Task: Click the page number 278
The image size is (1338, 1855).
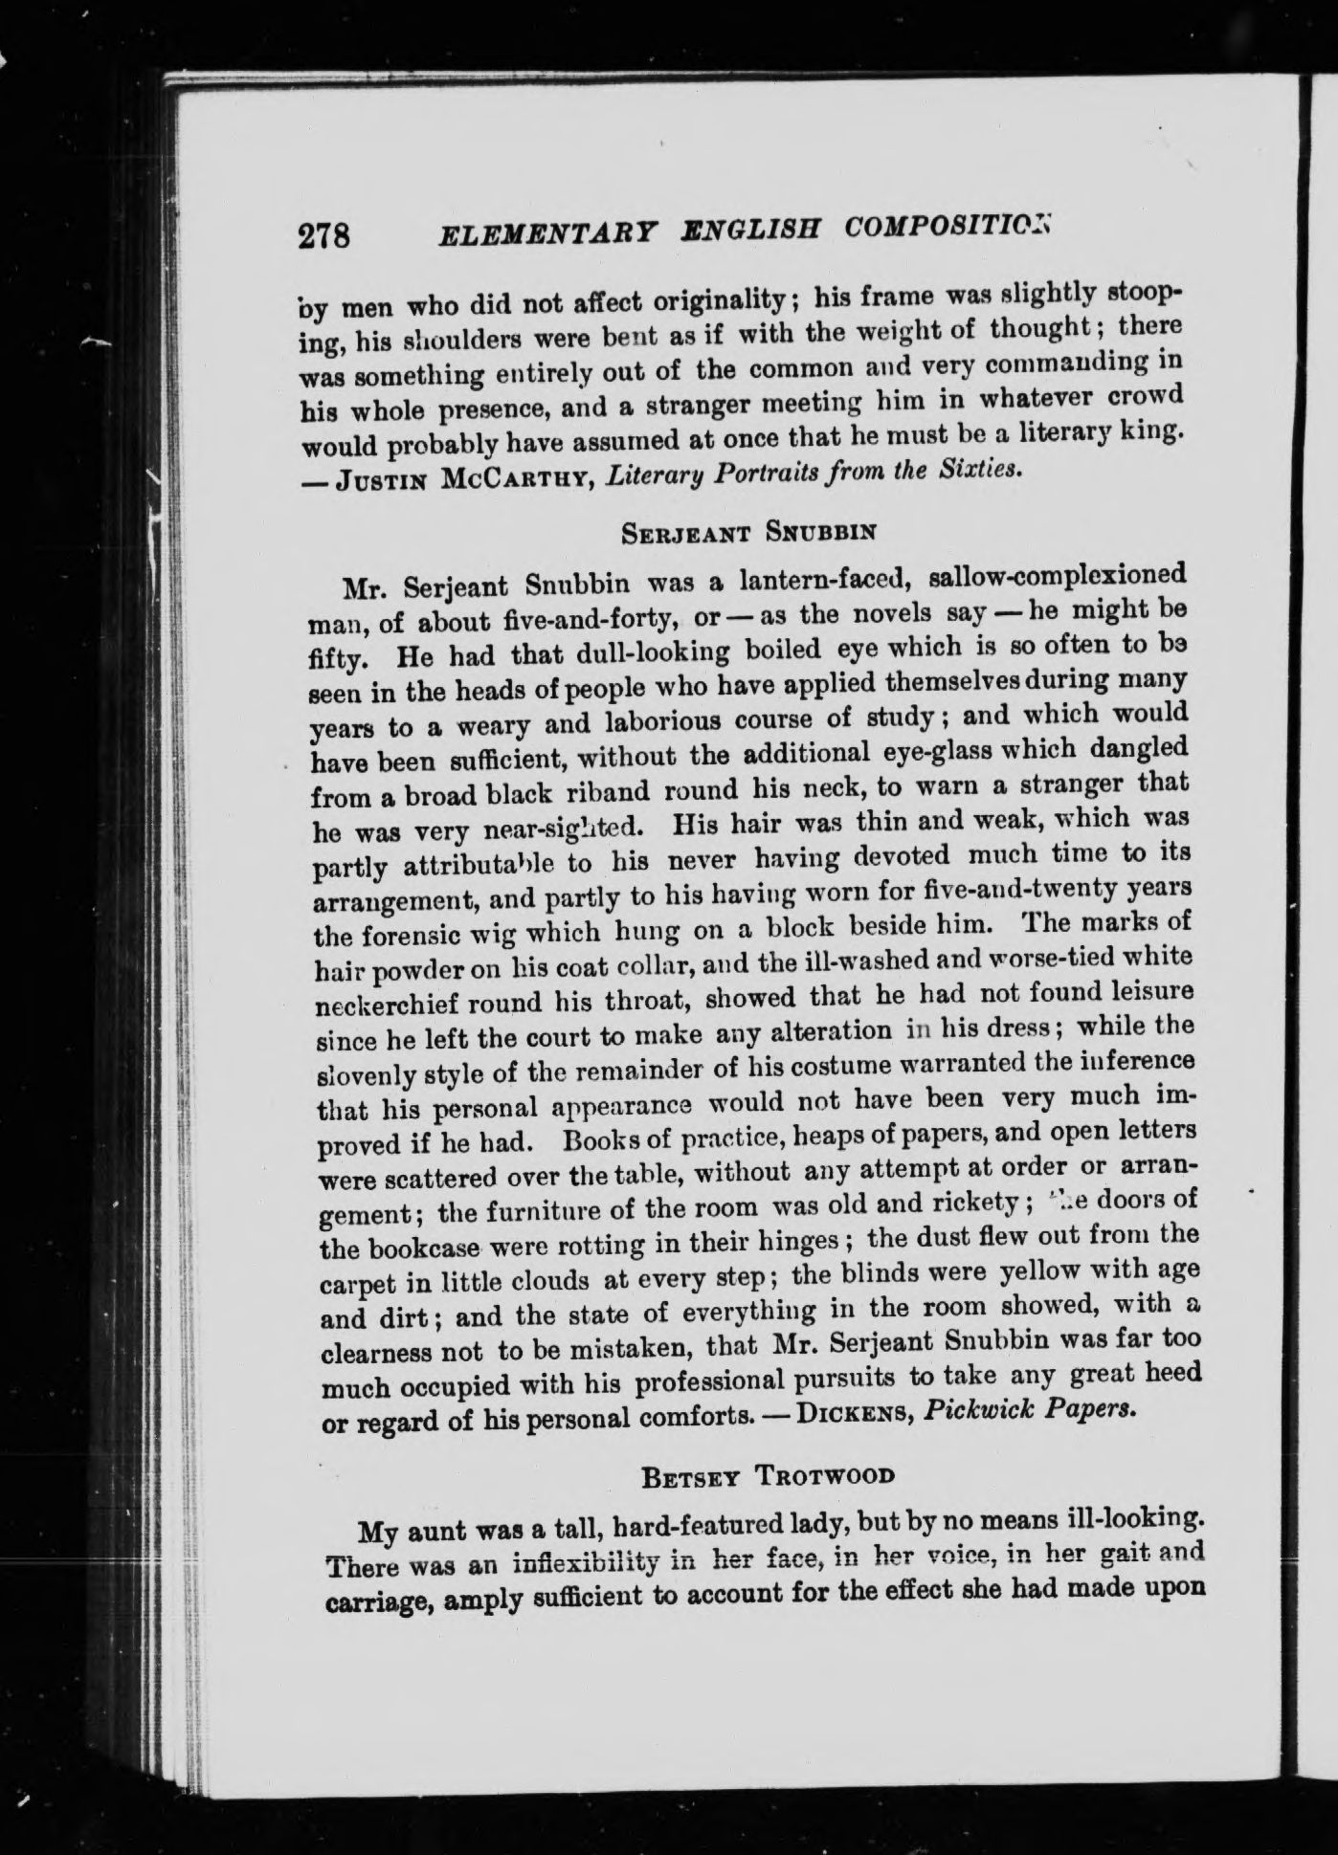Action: point(325,236)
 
